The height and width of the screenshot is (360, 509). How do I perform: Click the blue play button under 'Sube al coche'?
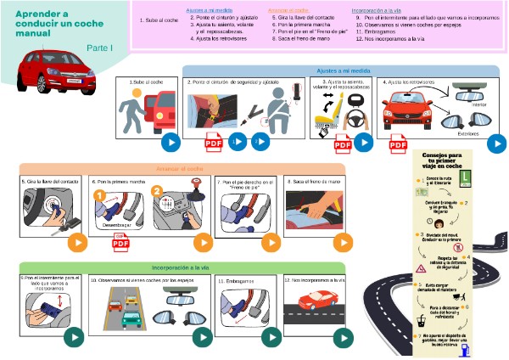[x=171, y=143]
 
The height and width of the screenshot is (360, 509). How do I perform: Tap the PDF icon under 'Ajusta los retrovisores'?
[x=398, y=146]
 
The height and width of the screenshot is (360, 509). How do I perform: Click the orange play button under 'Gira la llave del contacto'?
[x=78, y=241]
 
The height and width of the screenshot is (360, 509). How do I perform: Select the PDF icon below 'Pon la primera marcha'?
[x=120, y=244]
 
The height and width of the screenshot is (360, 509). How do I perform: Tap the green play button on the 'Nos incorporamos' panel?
[x=342, y=337]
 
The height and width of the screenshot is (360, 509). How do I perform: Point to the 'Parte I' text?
[x=100, y=48]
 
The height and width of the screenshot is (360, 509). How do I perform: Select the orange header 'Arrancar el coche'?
[x=179, y=169]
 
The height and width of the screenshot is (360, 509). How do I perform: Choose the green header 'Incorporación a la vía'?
[x=179, y=267]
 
